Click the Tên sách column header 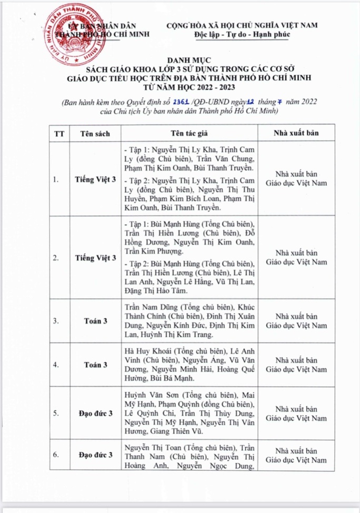pos(95,133)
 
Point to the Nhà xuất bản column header pos(296,133)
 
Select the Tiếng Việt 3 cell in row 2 pos(95,257)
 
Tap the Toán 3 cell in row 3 pos(95,320)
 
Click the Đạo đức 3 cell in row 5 pos(95,413)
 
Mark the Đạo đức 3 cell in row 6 pos(95,454)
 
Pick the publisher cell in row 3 pos(296,320)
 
